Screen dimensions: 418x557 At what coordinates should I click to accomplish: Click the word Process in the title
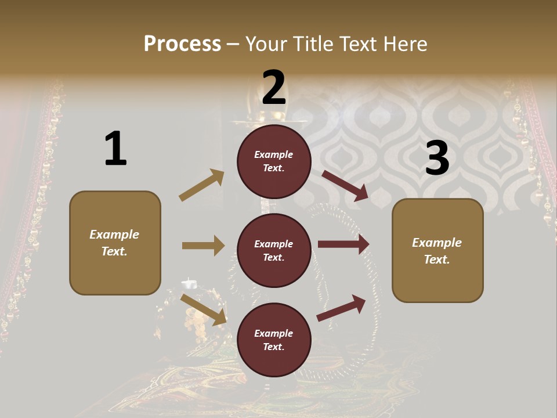pos(182,44)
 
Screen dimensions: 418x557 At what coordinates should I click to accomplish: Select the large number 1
pos(115,149)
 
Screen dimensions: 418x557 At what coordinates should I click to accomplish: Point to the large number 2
pos(274,87)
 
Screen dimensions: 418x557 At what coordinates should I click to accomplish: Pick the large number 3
pos(437,159)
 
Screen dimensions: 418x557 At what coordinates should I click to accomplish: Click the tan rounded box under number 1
pos(115,243)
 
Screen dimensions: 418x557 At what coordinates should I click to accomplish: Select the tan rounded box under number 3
pos(437,251)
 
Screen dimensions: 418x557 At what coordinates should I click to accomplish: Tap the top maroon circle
pos(274,161)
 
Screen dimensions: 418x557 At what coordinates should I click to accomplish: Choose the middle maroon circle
pos(274,251)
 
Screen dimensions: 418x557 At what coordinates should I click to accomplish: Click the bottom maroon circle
pos(274,340)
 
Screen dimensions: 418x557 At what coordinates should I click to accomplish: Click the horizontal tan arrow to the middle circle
pos(203,246)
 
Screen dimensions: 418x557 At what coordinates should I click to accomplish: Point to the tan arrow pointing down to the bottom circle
pos(204,309)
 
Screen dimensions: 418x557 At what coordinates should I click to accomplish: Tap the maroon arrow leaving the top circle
pos(345,185)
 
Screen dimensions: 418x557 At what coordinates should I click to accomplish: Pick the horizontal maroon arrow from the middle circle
pos(343,244)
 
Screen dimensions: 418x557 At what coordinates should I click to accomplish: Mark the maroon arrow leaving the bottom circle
pos(341,308)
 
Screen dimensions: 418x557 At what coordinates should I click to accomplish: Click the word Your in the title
pos(265,44)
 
